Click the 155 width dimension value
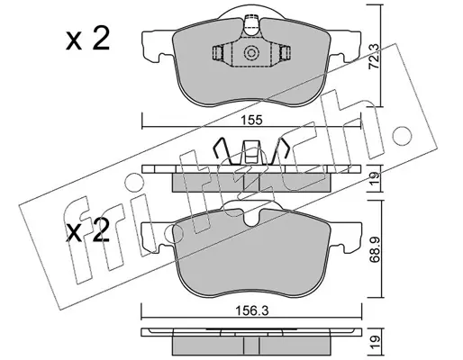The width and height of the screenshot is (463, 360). pos(251,120)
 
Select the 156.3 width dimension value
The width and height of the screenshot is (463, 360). pos(252,311)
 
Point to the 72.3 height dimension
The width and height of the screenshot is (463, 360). pos(374,61)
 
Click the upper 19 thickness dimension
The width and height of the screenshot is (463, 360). pos(375,178)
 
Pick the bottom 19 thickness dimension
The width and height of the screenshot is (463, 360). pos(375,343)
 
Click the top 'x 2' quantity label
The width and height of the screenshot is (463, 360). pos(87,39)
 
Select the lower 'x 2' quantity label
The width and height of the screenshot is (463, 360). pos(87,230)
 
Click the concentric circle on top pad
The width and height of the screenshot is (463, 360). pos(251,53)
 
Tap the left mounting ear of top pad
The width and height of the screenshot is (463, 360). pos(158,46)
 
